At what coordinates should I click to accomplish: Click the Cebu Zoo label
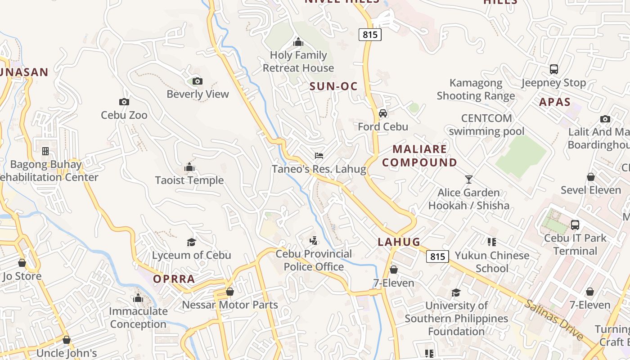124,115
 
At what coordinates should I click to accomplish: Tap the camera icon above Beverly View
197,81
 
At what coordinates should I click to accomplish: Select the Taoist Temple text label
189,180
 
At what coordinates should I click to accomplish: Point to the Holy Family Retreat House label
298,62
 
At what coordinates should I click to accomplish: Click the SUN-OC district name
333,87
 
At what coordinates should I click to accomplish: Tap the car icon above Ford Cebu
383,113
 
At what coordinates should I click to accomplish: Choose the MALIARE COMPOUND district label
419,156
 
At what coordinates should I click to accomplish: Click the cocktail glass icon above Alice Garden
469,180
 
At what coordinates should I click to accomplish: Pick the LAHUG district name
399,242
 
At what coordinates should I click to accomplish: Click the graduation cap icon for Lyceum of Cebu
191,243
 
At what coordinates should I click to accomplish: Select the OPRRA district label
174,279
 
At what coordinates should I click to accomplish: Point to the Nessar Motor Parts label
229,305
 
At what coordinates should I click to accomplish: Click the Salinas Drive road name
553,319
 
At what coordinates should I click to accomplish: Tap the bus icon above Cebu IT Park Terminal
575,225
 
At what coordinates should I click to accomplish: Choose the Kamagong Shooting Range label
476,89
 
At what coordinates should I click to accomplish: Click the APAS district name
554,102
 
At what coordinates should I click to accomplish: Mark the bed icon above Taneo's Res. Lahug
319,156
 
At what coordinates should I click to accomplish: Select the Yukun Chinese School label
492,262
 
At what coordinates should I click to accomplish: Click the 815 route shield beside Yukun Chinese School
437,256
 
